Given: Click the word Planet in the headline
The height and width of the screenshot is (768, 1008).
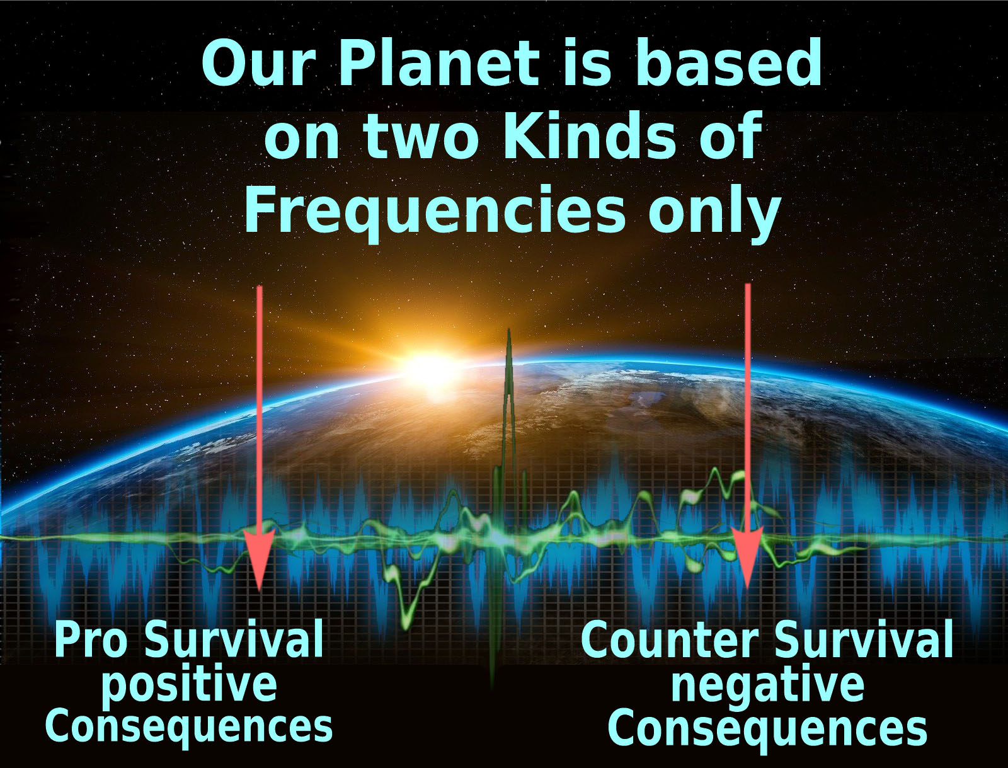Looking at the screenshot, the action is (x=439, y=63).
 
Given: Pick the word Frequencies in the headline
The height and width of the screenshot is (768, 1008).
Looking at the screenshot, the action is (x=435, y=211).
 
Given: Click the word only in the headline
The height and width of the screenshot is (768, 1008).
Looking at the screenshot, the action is (x=714, y=211).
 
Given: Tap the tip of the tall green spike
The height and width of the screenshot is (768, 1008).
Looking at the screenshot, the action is (x=509, y=329).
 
